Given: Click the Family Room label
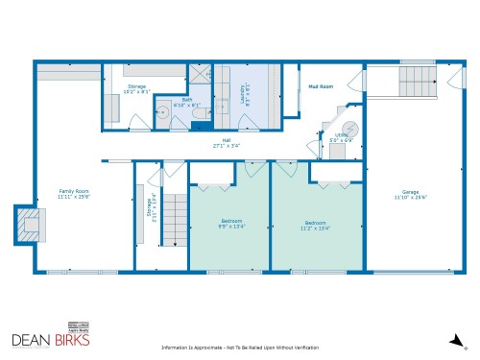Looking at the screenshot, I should (74, 191).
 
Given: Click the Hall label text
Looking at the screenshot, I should (227, 140).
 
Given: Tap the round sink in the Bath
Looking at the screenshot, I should (162, 112).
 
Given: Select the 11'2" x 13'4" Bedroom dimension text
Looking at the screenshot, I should (316, 228).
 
